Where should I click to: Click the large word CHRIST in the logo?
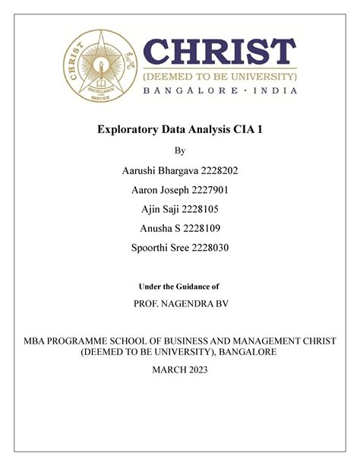click(x=220, y=53)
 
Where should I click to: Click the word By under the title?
click(x=180, y=151)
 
